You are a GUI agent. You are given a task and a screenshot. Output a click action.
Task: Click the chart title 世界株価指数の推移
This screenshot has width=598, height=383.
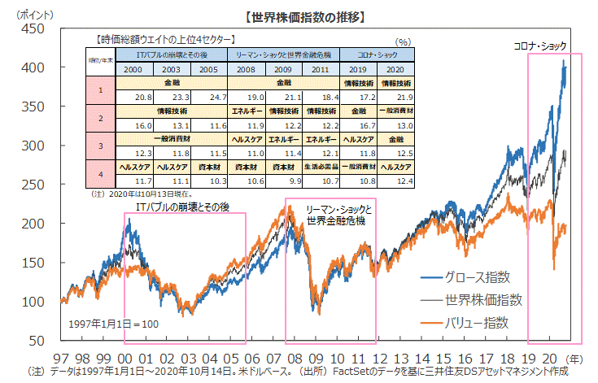click(x=298, y=16)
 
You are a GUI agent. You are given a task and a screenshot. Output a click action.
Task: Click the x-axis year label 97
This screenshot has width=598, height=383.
click(x=61, y=358)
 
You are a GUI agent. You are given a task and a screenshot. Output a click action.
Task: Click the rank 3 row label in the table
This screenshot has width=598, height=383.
click(x=99, y=146)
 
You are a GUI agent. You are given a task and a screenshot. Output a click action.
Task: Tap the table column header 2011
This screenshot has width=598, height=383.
click(x=319, y=70)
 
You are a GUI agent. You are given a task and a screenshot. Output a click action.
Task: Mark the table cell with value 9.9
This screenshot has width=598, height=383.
click(x=289, y=180)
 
